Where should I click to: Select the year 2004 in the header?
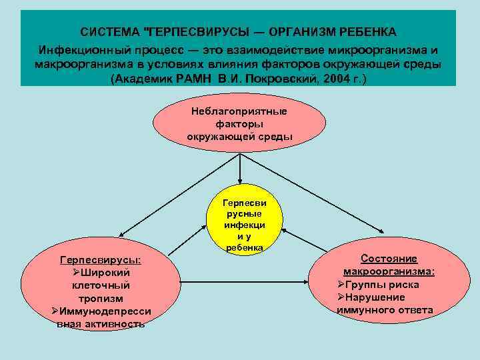pyautogui.click(x=340, y=78)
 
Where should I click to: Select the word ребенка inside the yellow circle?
pyautogui.click(x=244, y=247)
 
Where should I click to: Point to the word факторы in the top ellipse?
pyautogui.click(x=239, y=123)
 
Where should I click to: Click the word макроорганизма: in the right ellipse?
pyautogui.click(x=389, y=271)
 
